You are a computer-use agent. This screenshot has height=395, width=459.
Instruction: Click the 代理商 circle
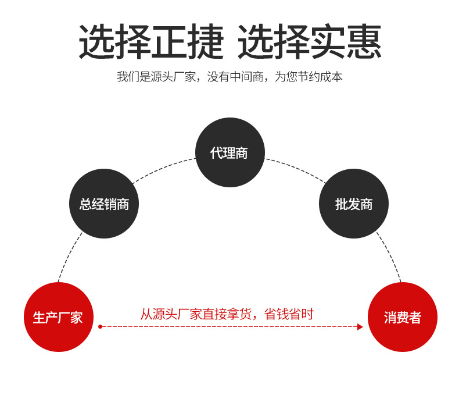[x=229, y=152]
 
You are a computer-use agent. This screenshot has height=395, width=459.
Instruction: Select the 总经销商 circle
[x=104, y=204]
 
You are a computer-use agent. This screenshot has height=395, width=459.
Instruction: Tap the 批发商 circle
[x=353, y=204]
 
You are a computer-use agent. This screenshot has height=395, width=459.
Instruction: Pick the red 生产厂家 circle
[x=58, y=317]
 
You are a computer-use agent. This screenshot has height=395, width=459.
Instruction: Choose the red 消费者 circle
[x=402, y=317]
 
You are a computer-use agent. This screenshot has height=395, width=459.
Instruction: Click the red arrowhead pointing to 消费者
[x=360, y=327]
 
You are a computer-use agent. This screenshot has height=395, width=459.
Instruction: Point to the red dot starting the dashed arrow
[x=100, y=327]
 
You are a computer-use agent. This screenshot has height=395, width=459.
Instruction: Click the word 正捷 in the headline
[x=187, y=42]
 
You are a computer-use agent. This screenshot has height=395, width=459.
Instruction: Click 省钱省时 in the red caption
[x=289, y=314]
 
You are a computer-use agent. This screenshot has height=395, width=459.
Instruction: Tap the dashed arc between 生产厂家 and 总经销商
[x=69, y=256]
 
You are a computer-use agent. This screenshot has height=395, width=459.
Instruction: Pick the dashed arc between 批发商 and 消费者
[x=390, y=256]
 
